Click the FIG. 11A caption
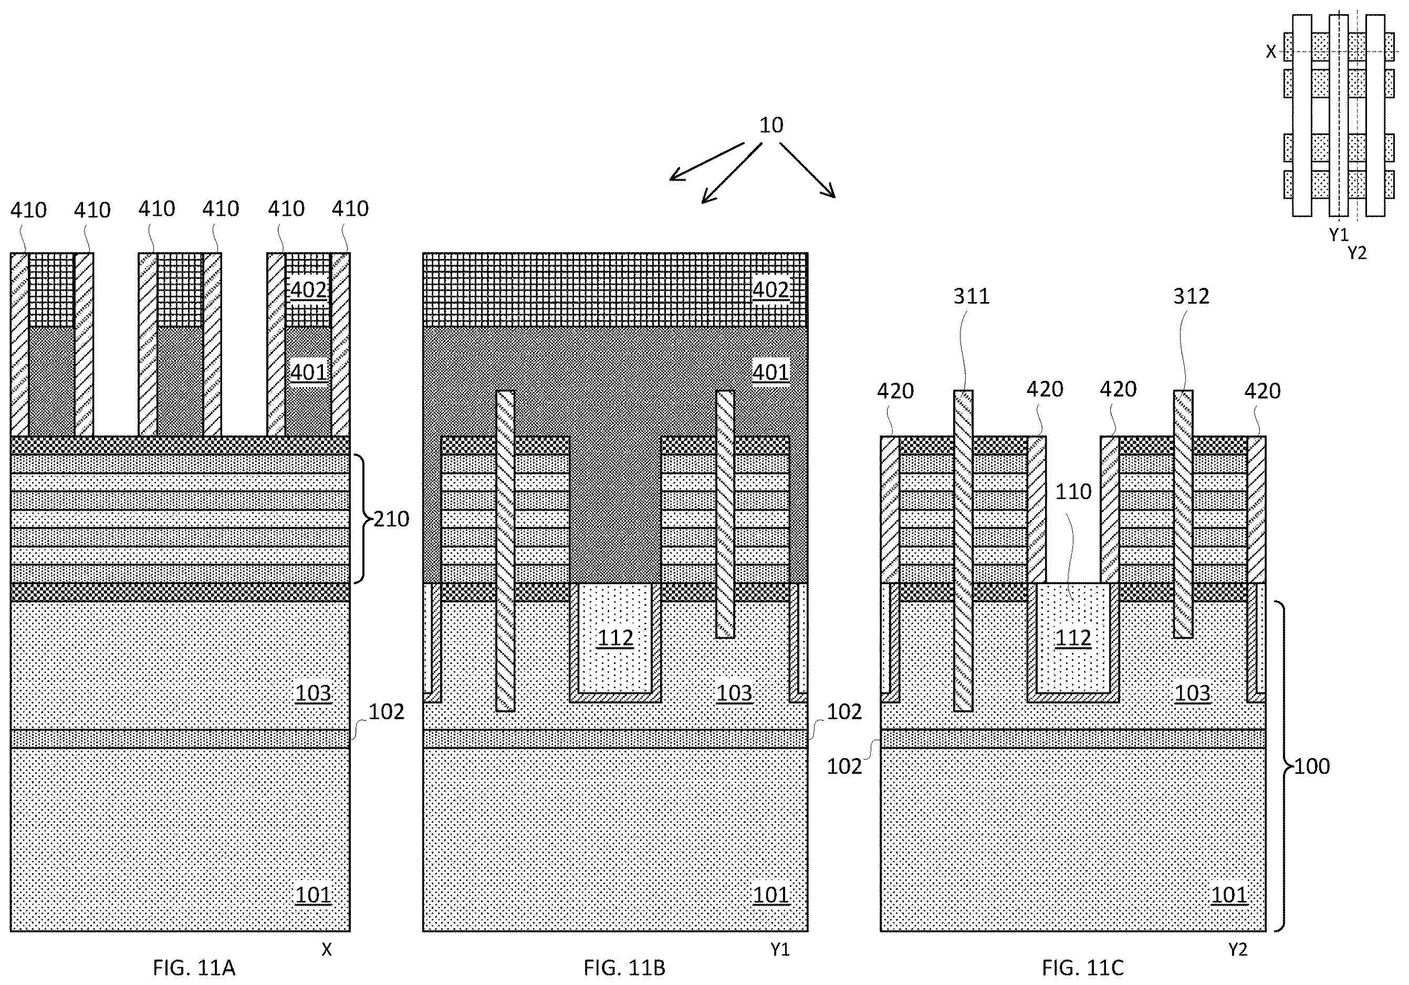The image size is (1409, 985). [194, 968]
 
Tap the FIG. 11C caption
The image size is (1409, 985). [1083, 968]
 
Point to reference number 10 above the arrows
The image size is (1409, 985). [771, 125]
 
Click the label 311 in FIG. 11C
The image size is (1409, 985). [972, 296]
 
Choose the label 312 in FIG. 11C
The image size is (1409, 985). [1191, 296]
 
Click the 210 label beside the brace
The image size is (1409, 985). [392, 519]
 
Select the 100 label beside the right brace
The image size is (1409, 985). [1312, 766]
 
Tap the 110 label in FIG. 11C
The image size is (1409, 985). [1073, 491]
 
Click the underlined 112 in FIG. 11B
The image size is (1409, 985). [615, 638]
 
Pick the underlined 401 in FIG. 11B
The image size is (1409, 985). [771, 372]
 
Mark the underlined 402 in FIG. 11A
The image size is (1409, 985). [308, 289]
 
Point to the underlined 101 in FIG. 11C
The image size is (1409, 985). [1230, 895]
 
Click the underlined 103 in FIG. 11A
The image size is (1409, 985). [314, 693]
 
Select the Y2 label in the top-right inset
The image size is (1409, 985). [1357, 253]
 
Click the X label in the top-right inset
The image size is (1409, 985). [1271, 52]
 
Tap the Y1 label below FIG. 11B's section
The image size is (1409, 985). [780, 950]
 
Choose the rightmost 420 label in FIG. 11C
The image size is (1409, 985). [1262, 391]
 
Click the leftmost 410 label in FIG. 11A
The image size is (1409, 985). [28, 211]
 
